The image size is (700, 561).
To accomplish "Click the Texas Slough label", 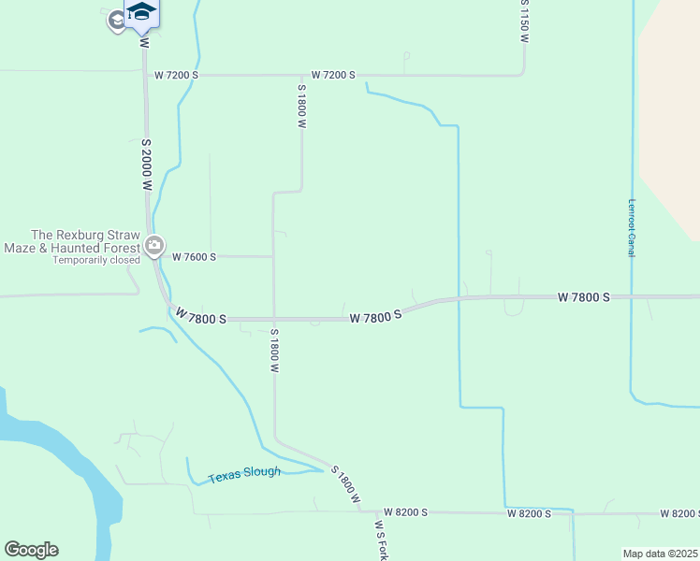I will click(x=244, y=474).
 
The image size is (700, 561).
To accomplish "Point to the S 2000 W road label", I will click(x=147, y=165).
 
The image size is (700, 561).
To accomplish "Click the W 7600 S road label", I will click(x=194, y=257).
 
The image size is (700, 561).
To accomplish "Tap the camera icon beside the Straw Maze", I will click(x=154, y=247).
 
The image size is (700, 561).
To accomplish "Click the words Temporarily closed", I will click(x=96, y=260).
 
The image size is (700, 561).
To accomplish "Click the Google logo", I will click(x=31, y=550).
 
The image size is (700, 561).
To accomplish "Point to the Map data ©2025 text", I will click(x=661, y=554).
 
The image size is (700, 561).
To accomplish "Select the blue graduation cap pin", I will click(x=141, y=12).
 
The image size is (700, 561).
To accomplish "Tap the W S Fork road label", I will click(x=380, y=540).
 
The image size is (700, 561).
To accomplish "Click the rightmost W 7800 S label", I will click(x=583, y=297).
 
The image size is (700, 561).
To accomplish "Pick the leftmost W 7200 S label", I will click(x=177, y=75).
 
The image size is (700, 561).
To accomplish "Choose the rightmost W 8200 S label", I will click(x=678, y=514).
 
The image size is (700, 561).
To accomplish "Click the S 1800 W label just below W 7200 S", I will click(x=301, y=108).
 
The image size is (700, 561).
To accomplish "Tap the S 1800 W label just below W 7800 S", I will click(x=275, y=351).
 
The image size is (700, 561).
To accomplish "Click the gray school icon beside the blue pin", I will click(x=117, y=21).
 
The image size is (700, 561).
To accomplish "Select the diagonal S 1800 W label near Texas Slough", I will click(x=346, y=485).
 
